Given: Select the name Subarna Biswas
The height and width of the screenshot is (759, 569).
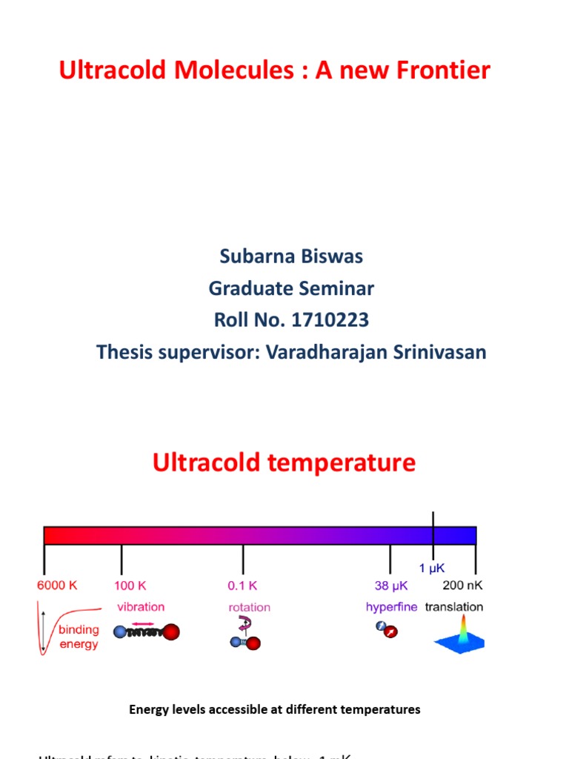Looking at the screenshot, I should pyautogui.click(x=291, y=256).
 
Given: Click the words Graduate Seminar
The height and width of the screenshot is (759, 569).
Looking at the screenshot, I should pyautogui.click(x=291, y=288).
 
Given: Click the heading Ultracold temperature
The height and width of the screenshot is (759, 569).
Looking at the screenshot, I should pyautogui.click(x=284, y=463).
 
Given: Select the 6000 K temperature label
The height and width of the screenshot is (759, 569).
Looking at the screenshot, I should pyautogui.click(x=57, y=585).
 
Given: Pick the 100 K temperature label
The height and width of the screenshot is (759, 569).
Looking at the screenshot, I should pyautogui.click(x=131, y=585).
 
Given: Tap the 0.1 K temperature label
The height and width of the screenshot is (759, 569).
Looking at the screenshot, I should pyautogui.click(x=242, y=585).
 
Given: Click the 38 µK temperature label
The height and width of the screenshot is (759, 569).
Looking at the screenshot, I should pyautogui.click(x=390, y=585).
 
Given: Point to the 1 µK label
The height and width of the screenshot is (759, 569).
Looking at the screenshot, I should pyautogui.click(x=433, y=569).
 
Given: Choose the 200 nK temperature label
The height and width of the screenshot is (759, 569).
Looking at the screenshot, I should pyautogui.click(x=462, y=585).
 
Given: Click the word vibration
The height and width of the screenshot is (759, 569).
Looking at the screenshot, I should pyautogui.click(x=141, y=606).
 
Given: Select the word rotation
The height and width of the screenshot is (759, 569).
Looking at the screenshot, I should pyautogui.click(x=250, y=607).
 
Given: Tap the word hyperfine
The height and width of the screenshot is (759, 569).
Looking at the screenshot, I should pyautogui.click(x=391, y=606).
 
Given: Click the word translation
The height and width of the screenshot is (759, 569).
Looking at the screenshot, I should pyautogui.click(x=453, y=606).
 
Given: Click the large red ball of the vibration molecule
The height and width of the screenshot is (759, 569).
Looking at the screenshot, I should pyautogui.click(x=170, y=632).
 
